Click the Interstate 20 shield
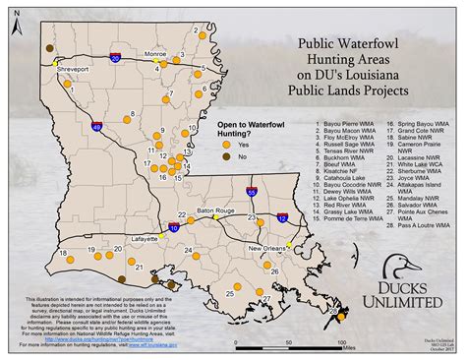(117, 59)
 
